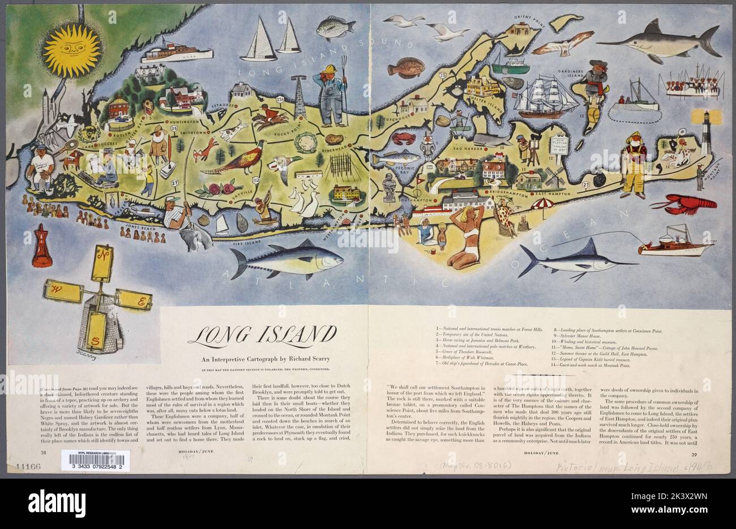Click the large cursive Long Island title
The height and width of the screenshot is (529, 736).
click(262, 337)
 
